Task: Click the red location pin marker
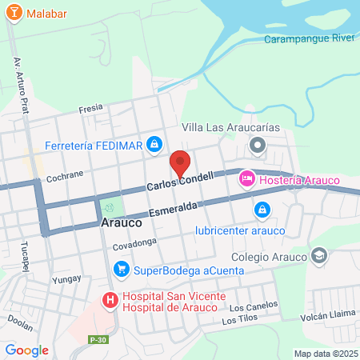click(x=180, y=162)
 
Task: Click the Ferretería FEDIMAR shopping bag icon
click(x=155, y=145)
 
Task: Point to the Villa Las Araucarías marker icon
click(x=257, y=146)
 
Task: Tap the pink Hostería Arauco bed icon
click(x=247, y=180)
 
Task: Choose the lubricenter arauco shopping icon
click(x=261, y=210)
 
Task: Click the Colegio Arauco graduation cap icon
click(x=319, y=256)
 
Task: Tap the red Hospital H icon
click(x=110, y=300)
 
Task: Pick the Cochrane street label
click(x=65, y=176)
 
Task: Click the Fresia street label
click(x=92, y=109)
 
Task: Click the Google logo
click(x=26, y=350)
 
